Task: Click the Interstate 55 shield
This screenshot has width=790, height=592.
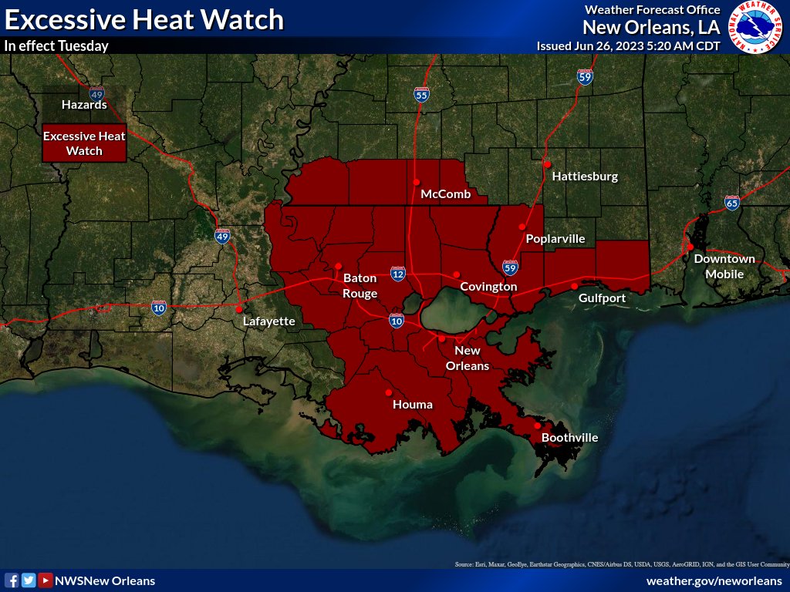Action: [421, 94]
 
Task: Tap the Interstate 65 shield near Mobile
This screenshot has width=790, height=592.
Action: [732, 203]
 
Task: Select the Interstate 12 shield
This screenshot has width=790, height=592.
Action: [398, 274]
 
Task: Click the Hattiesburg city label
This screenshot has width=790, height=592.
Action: [585, 177]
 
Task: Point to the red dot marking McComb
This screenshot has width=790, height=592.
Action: [416, 182]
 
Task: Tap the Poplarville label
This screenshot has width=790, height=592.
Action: [555, 239]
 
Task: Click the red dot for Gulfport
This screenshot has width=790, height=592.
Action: [575, 286]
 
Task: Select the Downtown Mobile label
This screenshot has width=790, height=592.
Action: [724, 266]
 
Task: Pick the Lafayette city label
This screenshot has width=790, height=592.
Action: [268, 321]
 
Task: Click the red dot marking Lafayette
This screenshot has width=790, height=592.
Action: [238, 309]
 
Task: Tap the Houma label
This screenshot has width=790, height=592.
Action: [413, 405]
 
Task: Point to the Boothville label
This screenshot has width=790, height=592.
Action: [569, 438]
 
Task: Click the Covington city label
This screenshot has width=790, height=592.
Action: [488, 287]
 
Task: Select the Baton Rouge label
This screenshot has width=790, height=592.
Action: [360, 285]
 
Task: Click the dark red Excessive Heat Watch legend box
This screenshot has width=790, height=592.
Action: [84, 143]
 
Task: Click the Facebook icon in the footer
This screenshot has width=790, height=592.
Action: [12, 580]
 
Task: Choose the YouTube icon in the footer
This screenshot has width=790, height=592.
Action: [46, 580]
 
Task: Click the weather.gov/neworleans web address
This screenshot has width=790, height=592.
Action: [714, 580]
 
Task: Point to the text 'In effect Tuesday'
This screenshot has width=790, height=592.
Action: [56, 45]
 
